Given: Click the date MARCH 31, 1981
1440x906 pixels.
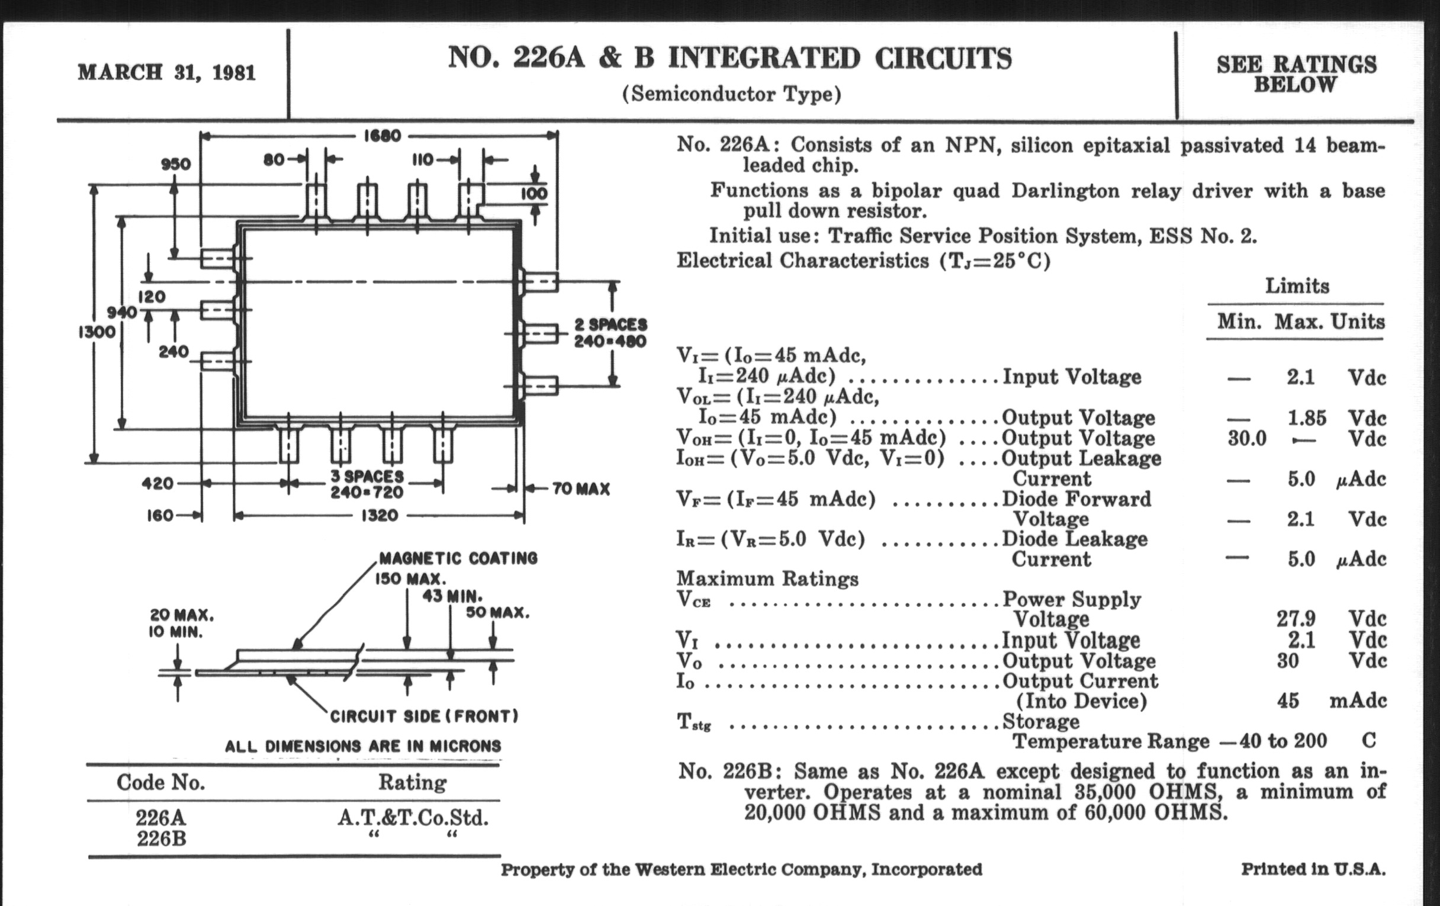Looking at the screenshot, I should [166, 72].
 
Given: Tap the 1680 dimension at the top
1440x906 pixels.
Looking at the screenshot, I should [381, 136].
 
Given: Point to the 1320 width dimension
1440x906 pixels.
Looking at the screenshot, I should [379, 516].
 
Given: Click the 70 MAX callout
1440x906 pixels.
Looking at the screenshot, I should [581, 489].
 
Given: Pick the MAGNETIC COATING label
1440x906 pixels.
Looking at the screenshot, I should [458, 558].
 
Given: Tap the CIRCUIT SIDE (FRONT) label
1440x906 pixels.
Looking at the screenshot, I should [424, 716].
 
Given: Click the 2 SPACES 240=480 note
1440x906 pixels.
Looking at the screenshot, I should [610, 333].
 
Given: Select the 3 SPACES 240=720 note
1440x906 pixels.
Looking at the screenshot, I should [367, 484].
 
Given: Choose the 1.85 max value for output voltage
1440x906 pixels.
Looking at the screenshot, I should [1307, 417].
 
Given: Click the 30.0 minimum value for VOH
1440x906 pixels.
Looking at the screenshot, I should [1247, 438].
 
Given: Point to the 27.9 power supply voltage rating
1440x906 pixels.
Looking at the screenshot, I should [1296, 618].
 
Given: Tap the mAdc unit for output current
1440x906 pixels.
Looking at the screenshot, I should [1358, 701].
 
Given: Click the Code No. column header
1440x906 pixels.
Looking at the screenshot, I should [160, 782].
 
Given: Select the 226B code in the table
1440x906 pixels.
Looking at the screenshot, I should [161, 839].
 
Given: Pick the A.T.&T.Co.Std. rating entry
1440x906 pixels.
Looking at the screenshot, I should [413, 818].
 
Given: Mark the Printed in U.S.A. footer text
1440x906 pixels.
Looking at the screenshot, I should [1313, 869].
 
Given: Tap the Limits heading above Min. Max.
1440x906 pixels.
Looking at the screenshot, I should [1297, 286].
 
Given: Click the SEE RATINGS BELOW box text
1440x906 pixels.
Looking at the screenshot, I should [1296, 74].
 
